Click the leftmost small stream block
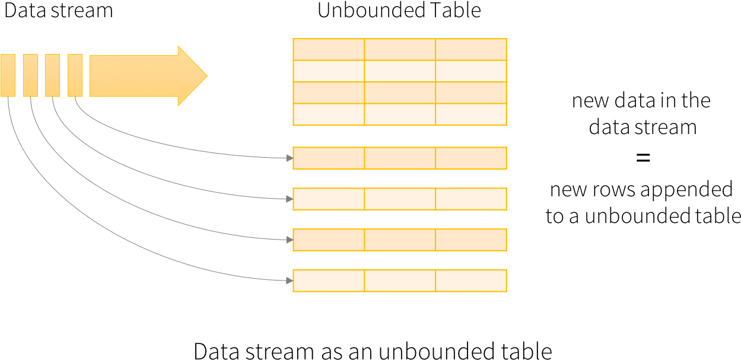8,75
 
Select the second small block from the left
30,75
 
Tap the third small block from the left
52,75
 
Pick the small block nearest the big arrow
75,75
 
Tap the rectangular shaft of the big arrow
133,76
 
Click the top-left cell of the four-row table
329,49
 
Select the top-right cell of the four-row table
471,49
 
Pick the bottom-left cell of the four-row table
329,114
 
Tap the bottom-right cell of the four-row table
471,114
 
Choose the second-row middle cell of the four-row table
400,71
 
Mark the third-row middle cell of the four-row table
400,93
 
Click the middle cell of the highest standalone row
400,158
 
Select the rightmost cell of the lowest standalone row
471,281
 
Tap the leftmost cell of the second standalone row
329,199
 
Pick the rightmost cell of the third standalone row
471,240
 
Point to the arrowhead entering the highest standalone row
290,158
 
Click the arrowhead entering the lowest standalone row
290,281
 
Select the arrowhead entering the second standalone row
290,199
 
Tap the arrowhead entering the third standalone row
290,240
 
